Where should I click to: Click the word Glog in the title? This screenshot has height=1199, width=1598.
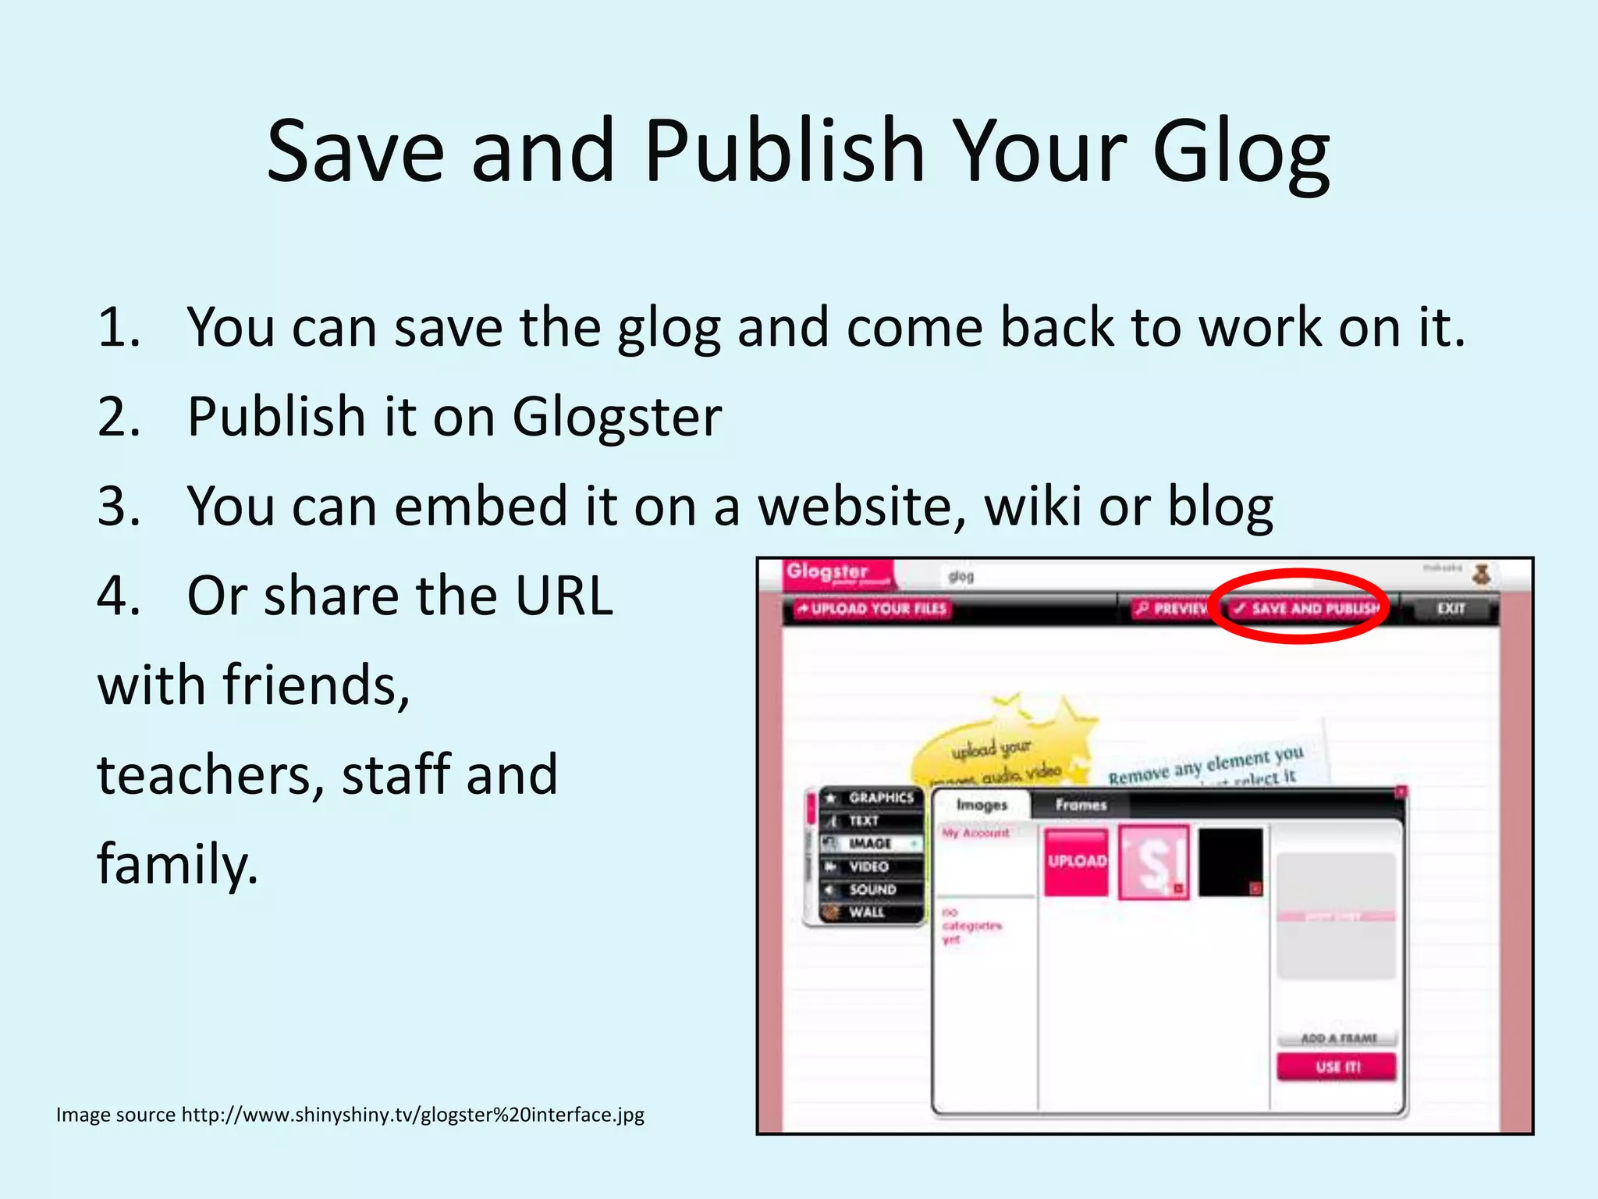click(1241, 152)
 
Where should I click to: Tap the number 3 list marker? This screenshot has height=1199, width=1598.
click(119, 507)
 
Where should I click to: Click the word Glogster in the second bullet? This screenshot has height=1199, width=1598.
click(616, 417)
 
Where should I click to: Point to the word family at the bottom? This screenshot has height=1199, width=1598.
click(176, 865)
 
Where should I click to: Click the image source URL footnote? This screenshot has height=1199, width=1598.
click(350, 1115)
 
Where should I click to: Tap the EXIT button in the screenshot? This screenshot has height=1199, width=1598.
click(1451, 608)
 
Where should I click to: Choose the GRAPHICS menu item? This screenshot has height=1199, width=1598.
click(879, 798)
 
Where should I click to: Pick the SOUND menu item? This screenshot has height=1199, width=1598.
click(872, 890)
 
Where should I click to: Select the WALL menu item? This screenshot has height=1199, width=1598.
click(866, 913)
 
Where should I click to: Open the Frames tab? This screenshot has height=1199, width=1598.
click(1081, 805)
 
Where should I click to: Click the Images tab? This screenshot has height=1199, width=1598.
click(982, 805)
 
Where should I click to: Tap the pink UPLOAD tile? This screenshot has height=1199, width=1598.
click(1077, 862)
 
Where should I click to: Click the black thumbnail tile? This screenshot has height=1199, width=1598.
click(1230, 862)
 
